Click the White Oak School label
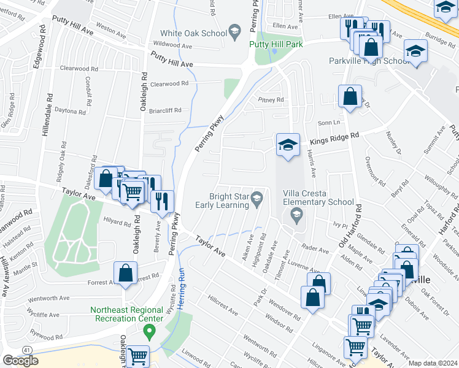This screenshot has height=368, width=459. (192, 33)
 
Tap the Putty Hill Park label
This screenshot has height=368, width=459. (275, 44)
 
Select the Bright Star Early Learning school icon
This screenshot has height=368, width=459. (256, 197)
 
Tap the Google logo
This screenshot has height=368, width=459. (20, 361)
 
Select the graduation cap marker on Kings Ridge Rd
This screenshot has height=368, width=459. (288, 145)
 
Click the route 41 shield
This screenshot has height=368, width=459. (27, 350)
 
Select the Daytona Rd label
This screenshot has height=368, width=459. (70, 112)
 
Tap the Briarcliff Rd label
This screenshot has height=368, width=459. (165, 110)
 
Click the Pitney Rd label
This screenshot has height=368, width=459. (271, 99)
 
